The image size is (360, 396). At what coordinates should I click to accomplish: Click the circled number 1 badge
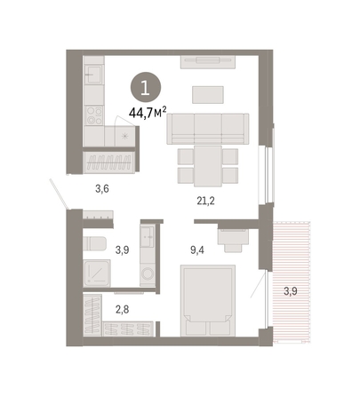pos(146,88)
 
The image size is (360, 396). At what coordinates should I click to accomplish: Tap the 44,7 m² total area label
pos(148,113)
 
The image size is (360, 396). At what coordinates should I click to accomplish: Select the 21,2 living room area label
pos(205,201)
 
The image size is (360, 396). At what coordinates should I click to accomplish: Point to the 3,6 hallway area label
pos(102,188)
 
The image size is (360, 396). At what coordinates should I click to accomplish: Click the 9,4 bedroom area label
pos(197,250)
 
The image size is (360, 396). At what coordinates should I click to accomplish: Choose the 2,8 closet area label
pos(122,310)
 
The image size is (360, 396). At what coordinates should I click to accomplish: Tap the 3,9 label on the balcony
pos(291,291)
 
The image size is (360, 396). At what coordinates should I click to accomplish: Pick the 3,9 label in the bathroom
pos(122,250)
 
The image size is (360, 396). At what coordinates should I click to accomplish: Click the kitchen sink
pos(93,74)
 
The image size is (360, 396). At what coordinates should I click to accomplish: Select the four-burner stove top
pos(94,115)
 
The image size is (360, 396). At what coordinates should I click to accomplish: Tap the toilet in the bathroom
pos(94,243)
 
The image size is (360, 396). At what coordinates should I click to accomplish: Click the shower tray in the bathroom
pos(97,273)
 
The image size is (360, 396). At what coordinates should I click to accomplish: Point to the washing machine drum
pos(148,273)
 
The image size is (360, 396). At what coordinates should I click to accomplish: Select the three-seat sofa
pos(208,129)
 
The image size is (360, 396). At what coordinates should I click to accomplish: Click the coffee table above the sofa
pos(208,95)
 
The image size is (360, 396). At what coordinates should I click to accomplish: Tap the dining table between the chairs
pos(208,166)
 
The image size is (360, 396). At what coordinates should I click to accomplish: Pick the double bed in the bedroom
pos(208,300)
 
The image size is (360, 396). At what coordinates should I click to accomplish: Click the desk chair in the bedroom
pos(233,245)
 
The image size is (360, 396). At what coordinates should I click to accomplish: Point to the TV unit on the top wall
pos(208,62)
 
